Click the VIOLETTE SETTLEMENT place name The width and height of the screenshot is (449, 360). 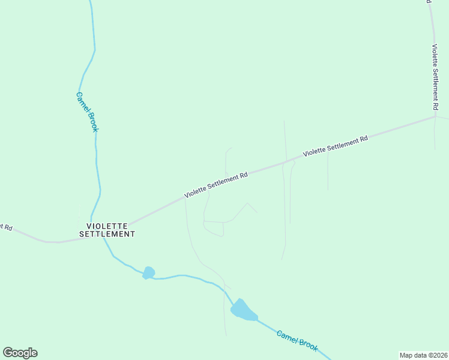coord(107,229)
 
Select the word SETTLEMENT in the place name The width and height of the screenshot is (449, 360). coord(107,234)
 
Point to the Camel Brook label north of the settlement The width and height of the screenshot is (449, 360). coord(87,111)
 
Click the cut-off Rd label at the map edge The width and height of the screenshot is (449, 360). coord(6,227)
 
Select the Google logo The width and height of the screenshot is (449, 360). coord(20,353)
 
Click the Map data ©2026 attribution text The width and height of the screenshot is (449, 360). coord(423,355)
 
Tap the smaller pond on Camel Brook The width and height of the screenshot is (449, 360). coord(148,273)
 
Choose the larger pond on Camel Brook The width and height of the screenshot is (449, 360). coord(243,311)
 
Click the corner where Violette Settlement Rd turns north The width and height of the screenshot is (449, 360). coord(435,116)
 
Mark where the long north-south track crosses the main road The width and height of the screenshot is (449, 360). coord(283,163)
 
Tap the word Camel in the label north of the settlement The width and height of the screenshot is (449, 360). coord(82,100)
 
